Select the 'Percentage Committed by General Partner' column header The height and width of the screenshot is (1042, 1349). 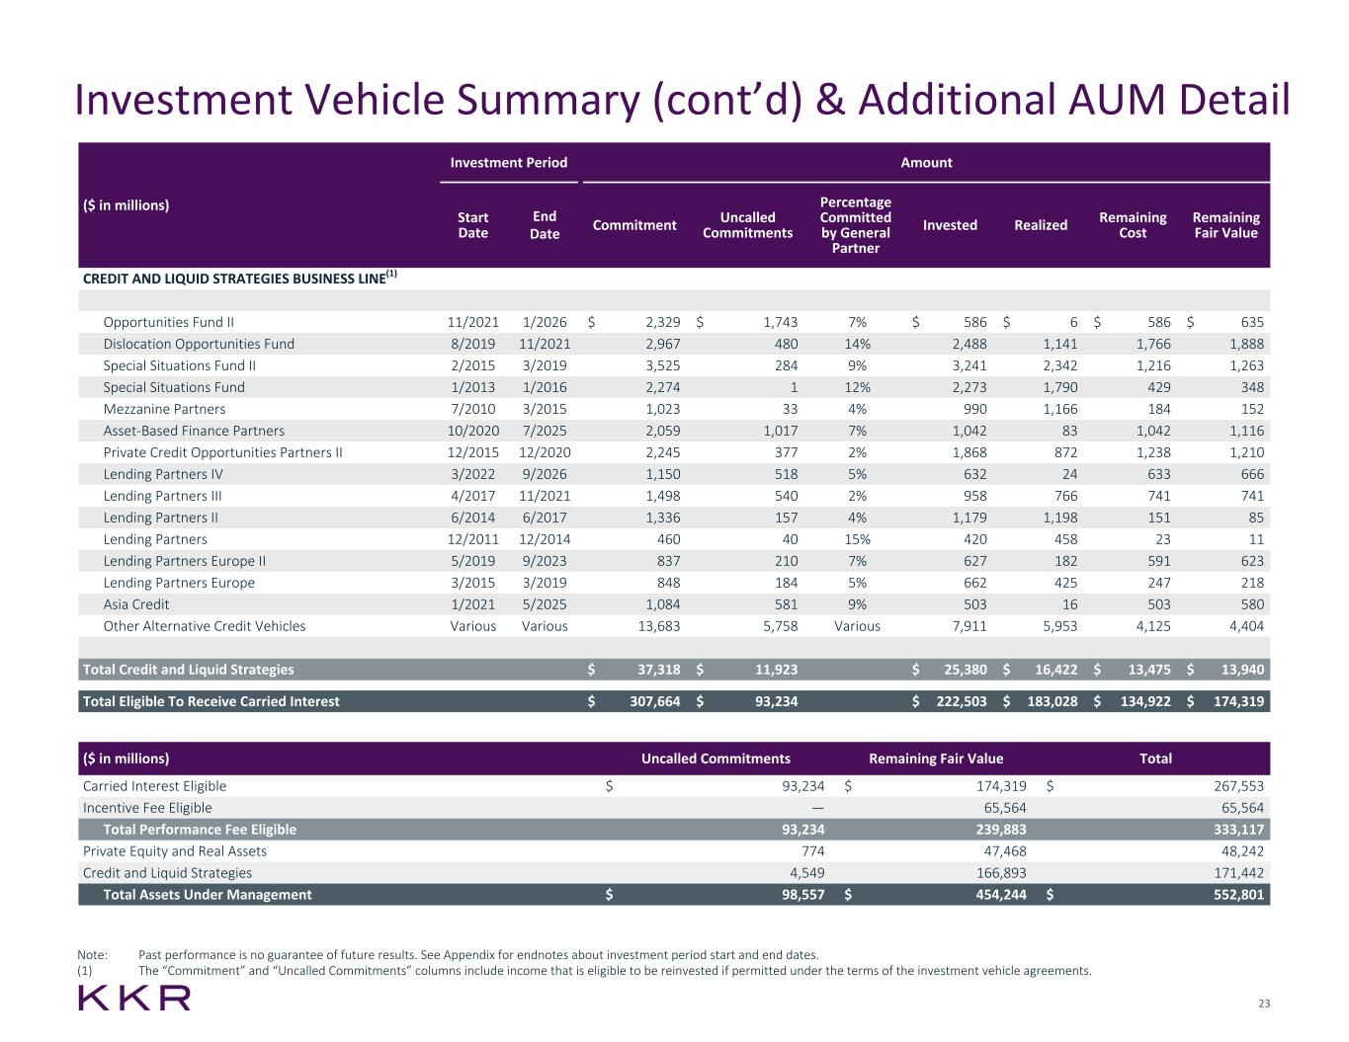click(x=855, y=224)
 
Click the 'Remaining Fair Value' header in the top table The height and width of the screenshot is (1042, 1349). click(x=1225, y=224)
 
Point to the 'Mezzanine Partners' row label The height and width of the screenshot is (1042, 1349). click(x=164, y=409)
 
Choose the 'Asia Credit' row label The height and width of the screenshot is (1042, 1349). click(x=136, y=604)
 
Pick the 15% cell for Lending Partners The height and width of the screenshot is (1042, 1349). click(x=856, y=539)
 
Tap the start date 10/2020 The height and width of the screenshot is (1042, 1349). click(x=473, y=431)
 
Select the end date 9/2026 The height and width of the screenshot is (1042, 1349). click(x=545, y=474)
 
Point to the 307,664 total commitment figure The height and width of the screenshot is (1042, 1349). click(x=649, y=701)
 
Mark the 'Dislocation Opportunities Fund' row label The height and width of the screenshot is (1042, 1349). click(x=199, y=344)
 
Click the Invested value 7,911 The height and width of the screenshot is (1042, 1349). click(x=965, y=626)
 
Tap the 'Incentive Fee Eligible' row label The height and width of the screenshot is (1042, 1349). click(x=147, y=808)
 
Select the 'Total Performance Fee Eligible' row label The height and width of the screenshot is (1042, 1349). click(x=200, y=830)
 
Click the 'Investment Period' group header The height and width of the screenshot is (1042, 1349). click(x=509, y=162)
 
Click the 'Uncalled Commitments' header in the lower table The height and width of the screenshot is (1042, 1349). click(x=716, y=759)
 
